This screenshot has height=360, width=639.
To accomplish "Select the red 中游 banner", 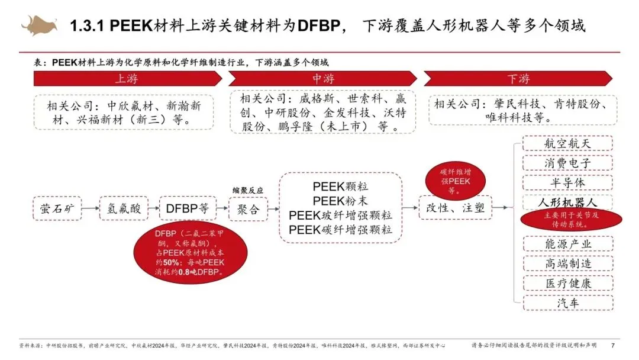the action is click(x=322, y=79).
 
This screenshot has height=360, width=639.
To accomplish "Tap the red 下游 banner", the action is click(x=518, y=79).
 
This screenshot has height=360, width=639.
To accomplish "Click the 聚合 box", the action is click(x=248, y=208).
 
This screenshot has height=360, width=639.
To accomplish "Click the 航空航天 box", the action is click(x=567, y=143).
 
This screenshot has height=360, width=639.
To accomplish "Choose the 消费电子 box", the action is click(x=567, y=163).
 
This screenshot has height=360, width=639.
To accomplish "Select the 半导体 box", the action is click(x=567, y=182).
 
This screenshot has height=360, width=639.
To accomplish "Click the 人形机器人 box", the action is click(x=567, y=201).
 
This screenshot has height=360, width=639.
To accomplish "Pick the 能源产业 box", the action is click(x=567, y=243).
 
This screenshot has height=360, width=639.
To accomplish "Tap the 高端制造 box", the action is click(x=567, y=263).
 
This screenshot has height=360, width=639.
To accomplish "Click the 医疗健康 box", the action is click(x=567, y=283).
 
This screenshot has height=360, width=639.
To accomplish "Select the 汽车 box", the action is click(x=567, y=303).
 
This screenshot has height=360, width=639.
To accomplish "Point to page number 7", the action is click(x=612, y=345).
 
